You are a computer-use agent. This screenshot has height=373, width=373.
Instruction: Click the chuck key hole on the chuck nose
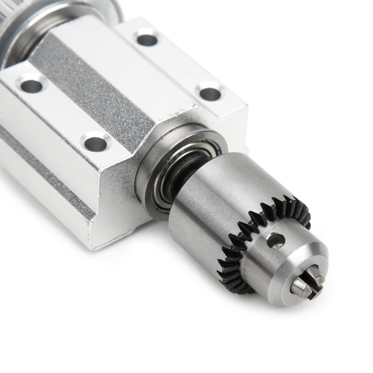(x=276, y=240)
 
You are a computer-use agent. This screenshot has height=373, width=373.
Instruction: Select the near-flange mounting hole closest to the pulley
(x=31, y=84)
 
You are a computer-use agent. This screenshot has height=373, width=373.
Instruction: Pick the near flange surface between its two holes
(x=61, y=112)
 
